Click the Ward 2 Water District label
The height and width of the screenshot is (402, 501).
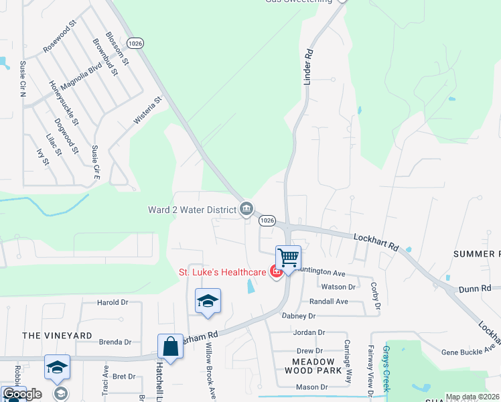coord(193,210)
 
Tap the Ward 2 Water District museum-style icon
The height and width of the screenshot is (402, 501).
coord(246,210)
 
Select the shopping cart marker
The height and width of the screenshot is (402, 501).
coord(288,258)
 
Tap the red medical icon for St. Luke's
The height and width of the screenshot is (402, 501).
coord(275,271)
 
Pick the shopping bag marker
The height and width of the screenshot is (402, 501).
coord(170,348)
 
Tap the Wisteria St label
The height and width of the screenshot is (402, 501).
coord(149,111)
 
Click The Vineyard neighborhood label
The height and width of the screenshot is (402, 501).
coord(57,335)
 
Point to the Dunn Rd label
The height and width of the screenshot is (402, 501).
coord(475,289)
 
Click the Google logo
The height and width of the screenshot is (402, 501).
coord(21,394)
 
